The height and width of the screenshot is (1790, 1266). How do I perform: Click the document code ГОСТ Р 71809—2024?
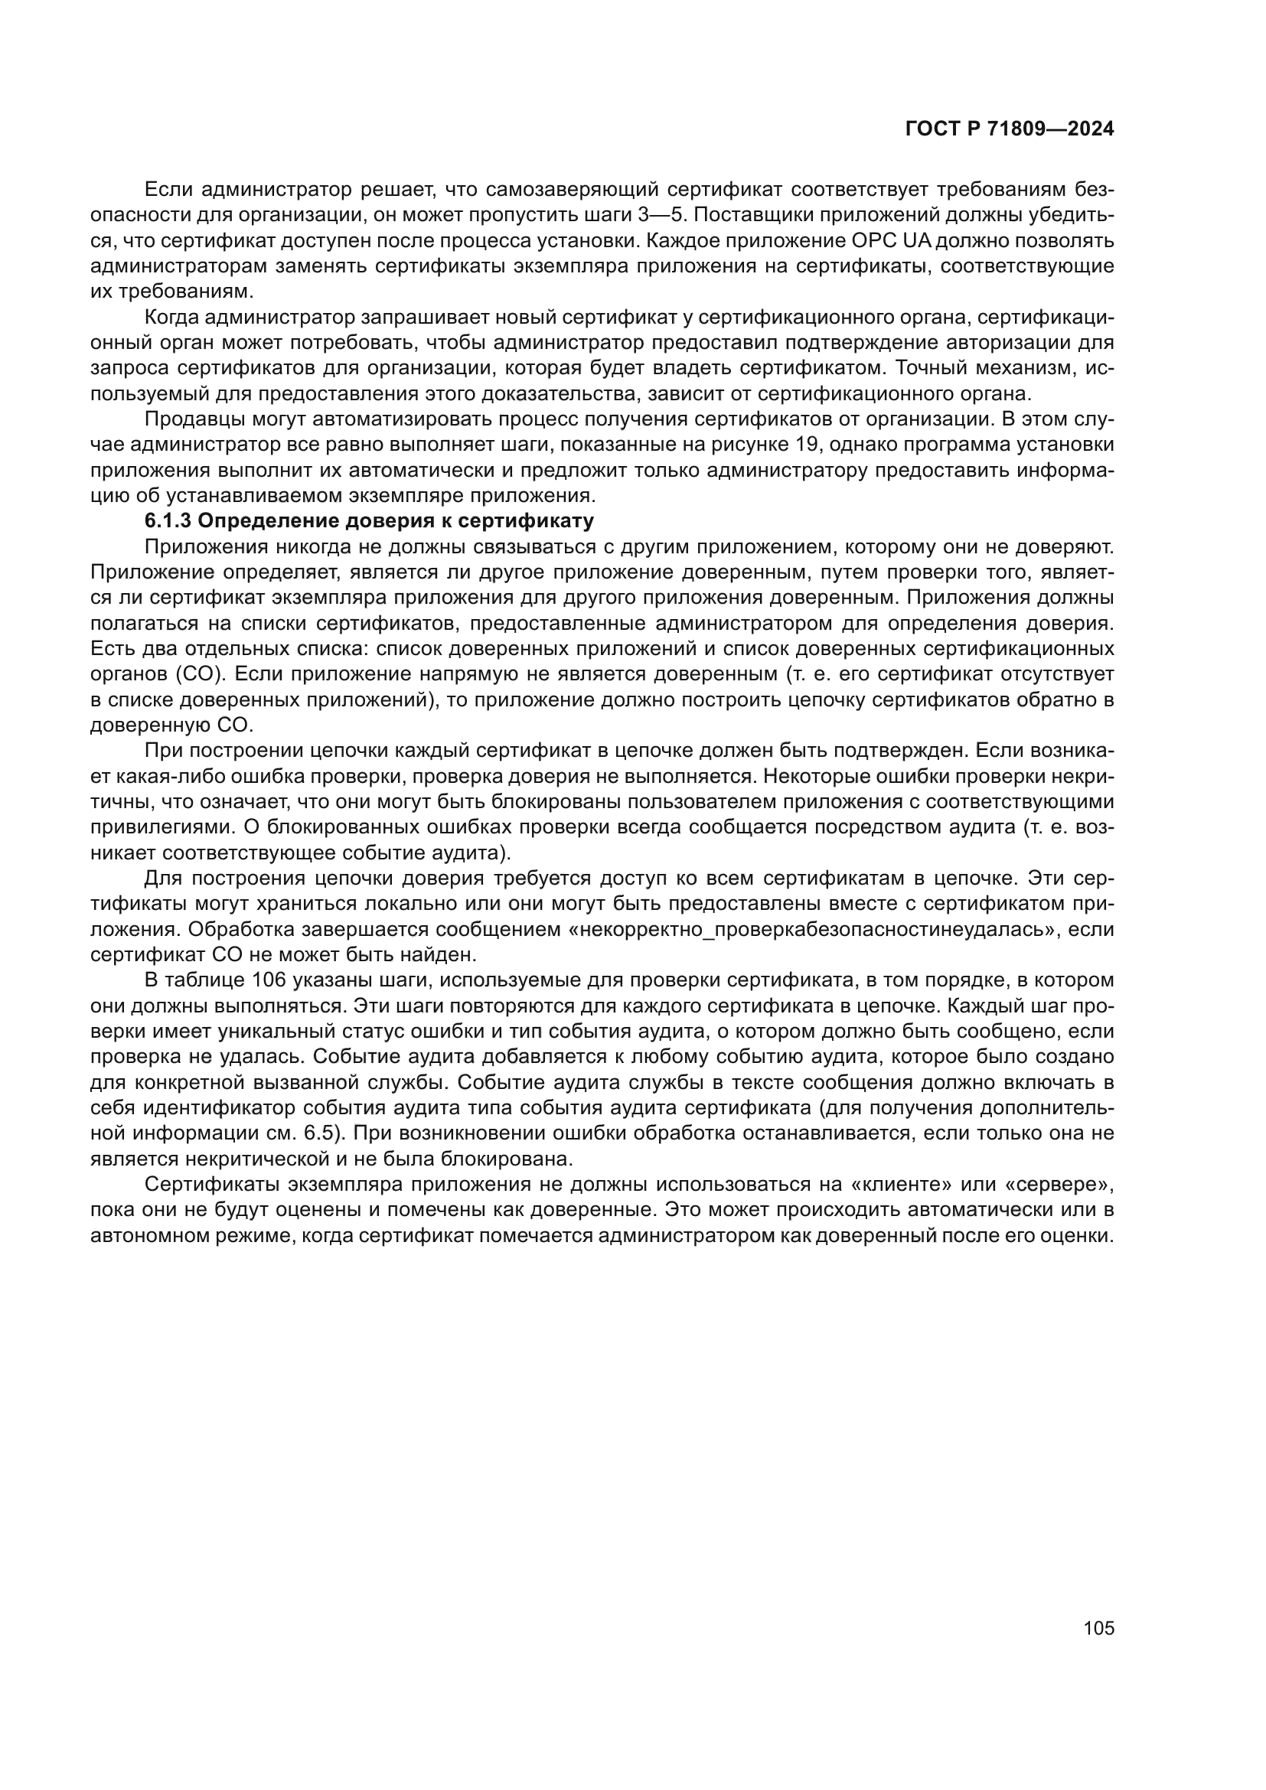click(1010, 129)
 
